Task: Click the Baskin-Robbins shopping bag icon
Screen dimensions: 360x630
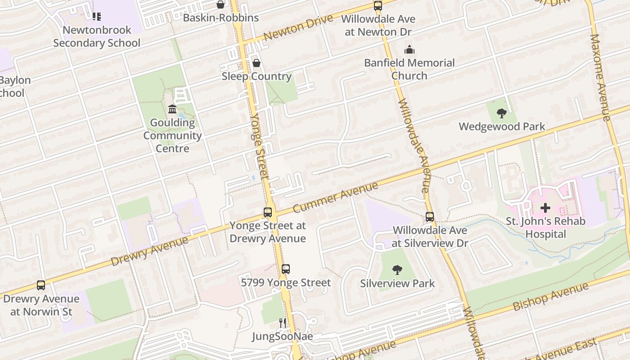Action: [220, 4]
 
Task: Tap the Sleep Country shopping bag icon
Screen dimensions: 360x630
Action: [256, 63]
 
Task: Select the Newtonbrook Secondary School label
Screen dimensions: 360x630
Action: [97, 36]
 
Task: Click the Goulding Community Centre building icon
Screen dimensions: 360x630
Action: [172, 109]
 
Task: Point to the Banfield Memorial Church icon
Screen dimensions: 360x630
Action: [409, 49]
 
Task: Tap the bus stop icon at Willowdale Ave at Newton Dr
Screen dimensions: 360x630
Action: [378, 6]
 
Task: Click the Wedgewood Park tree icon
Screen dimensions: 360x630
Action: [501, 113]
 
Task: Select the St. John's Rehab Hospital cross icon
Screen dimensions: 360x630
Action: [545, 208]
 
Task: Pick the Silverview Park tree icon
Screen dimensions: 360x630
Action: [397, 270]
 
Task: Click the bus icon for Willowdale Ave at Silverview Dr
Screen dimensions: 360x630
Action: [429, 217]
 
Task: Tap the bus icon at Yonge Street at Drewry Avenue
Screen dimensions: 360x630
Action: [268, 212]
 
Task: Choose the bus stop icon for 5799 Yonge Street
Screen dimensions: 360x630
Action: [285, 269]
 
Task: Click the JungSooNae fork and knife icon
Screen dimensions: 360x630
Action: [282, 323]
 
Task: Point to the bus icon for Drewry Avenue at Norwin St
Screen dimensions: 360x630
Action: [41, 285]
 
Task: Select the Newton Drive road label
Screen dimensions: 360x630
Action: [298, 27]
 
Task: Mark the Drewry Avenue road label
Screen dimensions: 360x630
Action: [149, 251]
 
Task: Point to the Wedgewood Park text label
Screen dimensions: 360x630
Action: [502, 126]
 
